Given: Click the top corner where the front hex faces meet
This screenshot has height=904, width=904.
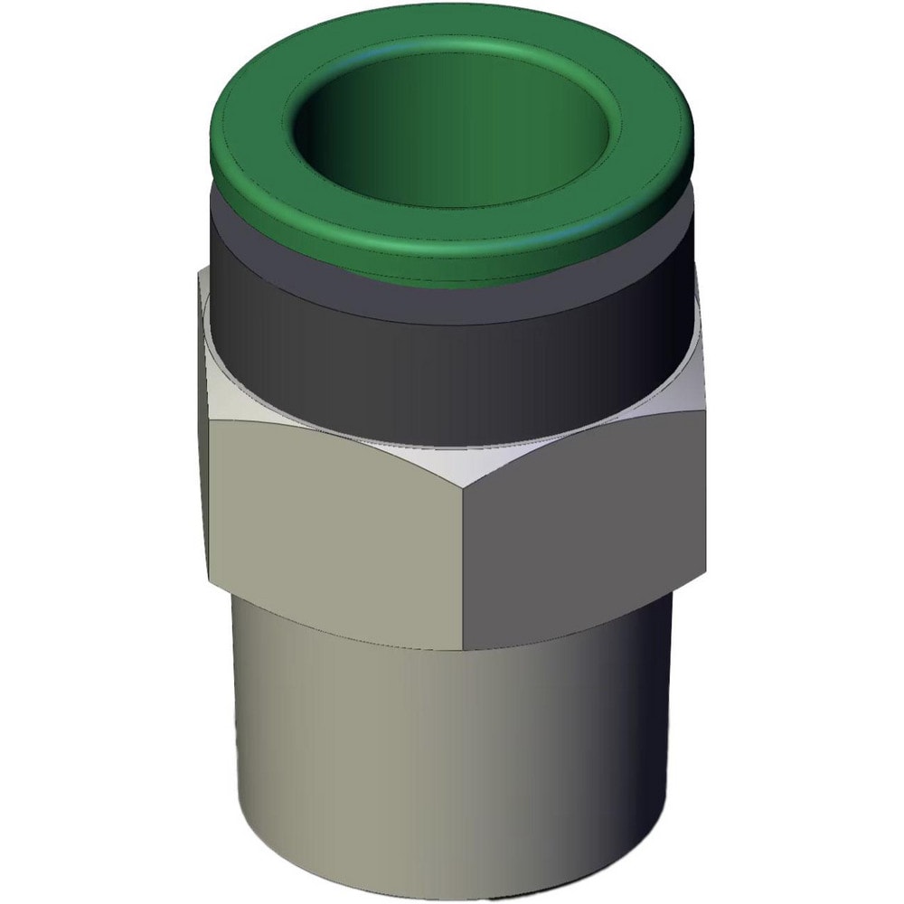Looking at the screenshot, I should (x=466, y=489).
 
